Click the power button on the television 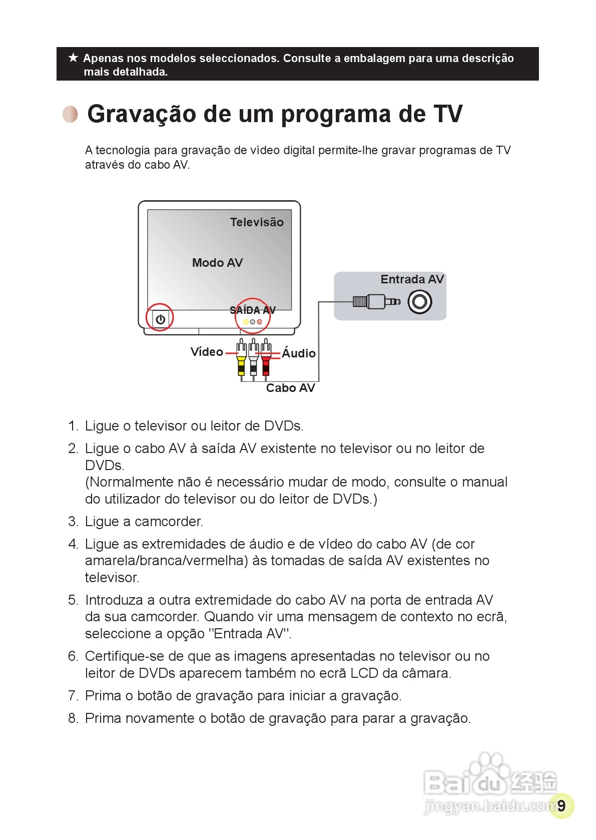[x=160, y=319]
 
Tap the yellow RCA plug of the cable [x=241, y=358]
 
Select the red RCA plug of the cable [x=266, y=358]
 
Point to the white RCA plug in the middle [x=254, y=358]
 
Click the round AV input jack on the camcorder [x=419, y=301]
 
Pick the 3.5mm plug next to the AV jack [x=376, y=301]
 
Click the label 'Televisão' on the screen [x=257, y=222]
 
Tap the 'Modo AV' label [x=217, y=263]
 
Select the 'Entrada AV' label [x=412, y=279]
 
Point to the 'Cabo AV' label [x=290, y=388]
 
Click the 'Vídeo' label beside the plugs [x=207, y=352]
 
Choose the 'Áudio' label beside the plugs [x=299, y=353]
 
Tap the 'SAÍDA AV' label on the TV [x=252, y=310]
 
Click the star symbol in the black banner [x=73, y=58]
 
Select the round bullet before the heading [x=71, y=114]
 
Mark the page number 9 [x=561, y=805]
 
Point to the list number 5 [x=73, y=600]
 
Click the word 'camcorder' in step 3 [x=168, y=522]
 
